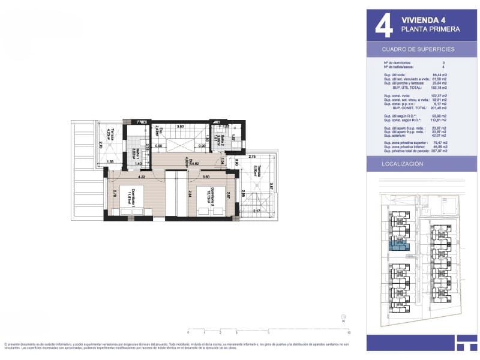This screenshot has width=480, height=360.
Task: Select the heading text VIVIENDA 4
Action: coord(422,19)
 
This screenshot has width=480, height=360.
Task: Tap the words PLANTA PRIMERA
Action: coord(430,29)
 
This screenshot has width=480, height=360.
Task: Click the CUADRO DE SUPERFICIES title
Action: coord(418,49)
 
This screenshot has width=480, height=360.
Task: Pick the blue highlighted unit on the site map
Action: coord(398,244)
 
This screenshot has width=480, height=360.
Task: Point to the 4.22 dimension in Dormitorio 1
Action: coord(142,177)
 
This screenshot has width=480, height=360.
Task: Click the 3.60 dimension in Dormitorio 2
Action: coord(206,177)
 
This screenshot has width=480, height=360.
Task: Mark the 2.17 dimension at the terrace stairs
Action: coord(256,211)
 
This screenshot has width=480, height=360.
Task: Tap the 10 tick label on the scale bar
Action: coord(349,332)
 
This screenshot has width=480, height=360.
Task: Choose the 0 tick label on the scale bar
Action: coord(188,332)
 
